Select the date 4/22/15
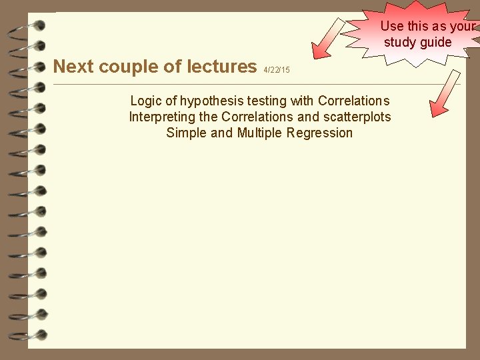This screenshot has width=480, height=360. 277,70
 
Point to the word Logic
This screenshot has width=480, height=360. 145,101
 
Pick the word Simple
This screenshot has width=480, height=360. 185,133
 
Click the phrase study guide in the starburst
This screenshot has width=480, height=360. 418,43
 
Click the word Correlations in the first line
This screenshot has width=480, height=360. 354,101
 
